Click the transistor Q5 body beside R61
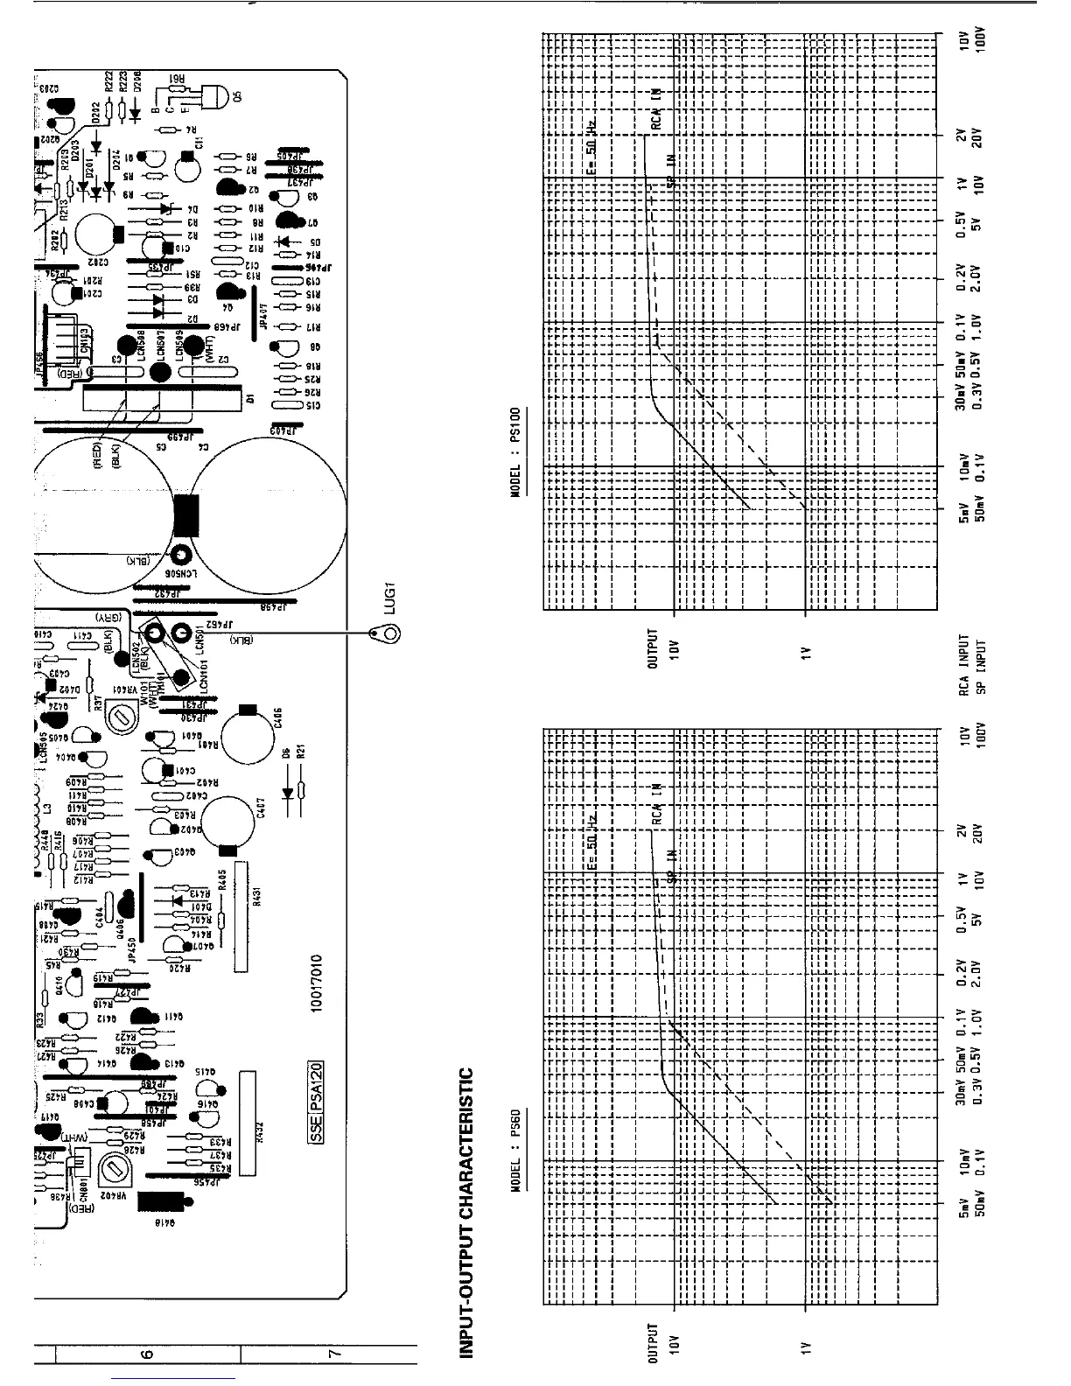click(211, 97)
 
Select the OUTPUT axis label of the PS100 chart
click(652, 648)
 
